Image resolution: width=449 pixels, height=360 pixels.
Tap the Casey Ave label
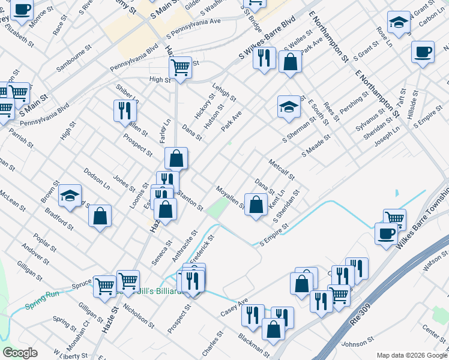point(234,307)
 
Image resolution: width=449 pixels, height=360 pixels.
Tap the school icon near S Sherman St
point(289,107)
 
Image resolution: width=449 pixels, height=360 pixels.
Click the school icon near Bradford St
point(70,196)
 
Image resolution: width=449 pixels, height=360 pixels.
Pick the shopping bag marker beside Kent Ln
point(256,205)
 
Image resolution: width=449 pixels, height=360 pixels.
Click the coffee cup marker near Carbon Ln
point(423,52)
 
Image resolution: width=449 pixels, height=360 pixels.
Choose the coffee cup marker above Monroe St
point(22,10)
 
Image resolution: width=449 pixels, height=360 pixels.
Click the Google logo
point(20,353)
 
